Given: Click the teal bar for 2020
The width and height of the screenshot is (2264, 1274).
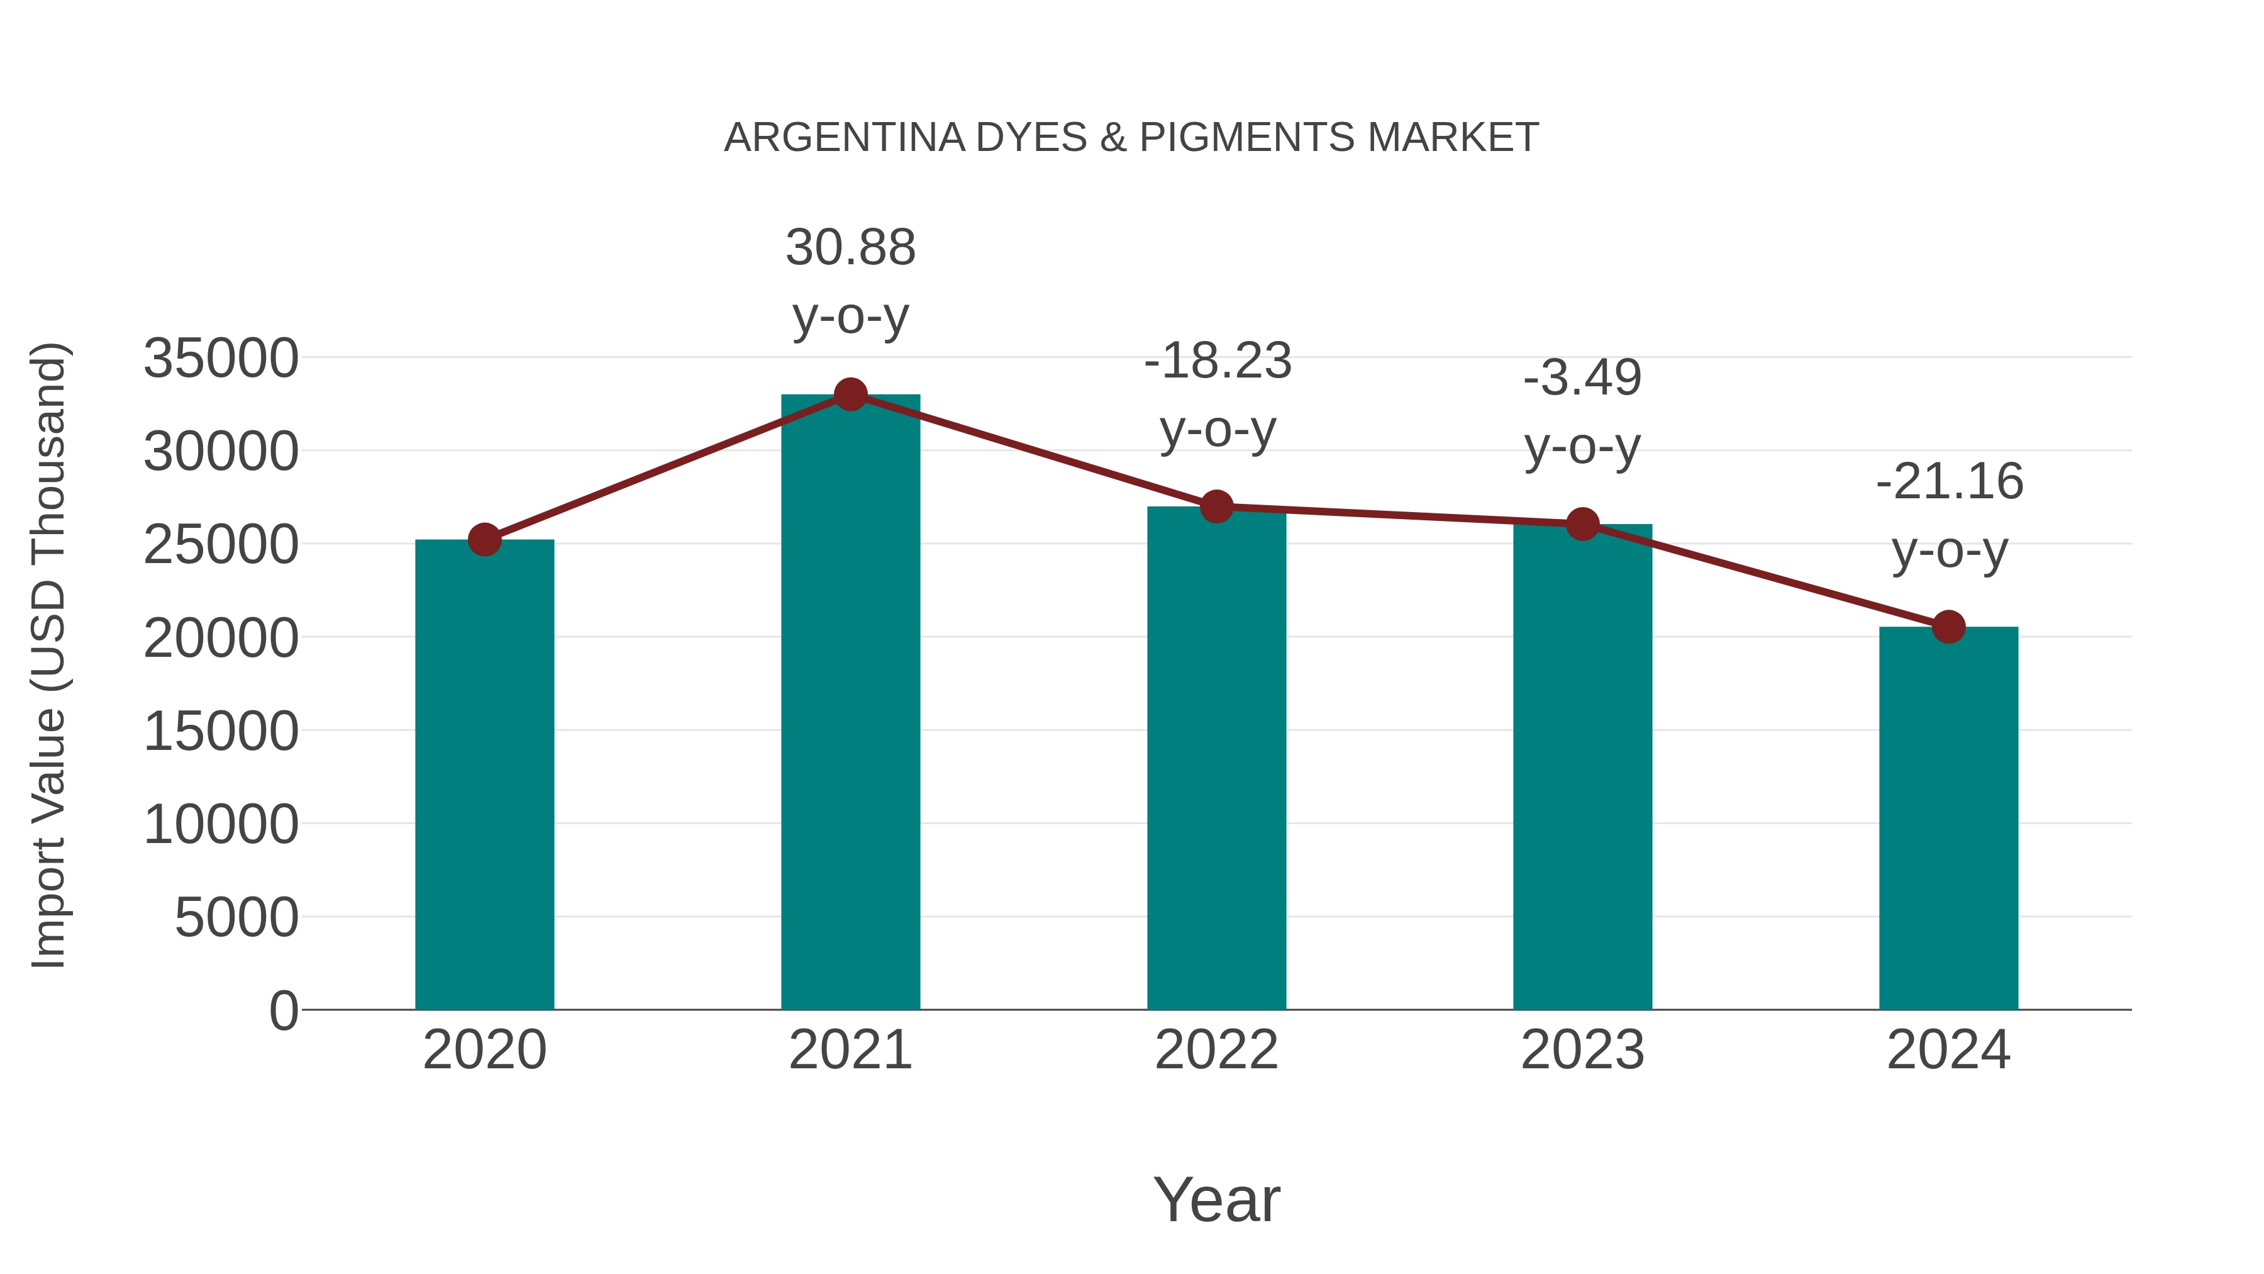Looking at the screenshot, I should point(484,774).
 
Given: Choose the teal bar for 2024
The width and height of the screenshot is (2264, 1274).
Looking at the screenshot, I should point(1948,818).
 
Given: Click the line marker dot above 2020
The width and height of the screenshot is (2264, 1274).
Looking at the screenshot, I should point(484,540).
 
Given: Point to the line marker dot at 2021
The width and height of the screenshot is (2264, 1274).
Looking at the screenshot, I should point(850,394).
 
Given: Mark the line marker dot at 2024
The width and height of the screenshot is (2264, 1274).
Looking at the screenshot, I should point(1948,627).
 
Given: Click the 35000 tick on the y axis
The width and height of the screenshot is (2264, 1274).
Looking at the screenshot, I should point(221,359).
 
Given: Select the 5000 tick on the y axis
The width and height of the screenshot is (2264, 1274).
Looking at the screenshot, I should point(236,918).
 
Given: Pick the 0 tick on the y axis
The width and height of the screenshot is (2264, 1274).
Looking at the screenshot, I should point(284,1011).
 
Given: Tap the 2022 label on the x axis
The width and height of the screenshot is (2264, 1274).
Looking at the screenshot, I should point(1216,1050).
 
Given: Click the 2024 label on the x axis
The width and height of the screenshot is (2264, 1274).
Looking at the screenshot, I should point(1948,1050).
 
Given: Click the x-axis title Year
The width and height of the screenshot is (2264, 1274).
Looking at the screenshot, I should point(1216,1199).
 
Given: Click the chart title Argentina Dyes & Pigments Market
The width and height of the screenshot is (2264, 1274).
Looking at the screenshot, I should point(1131,138).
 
